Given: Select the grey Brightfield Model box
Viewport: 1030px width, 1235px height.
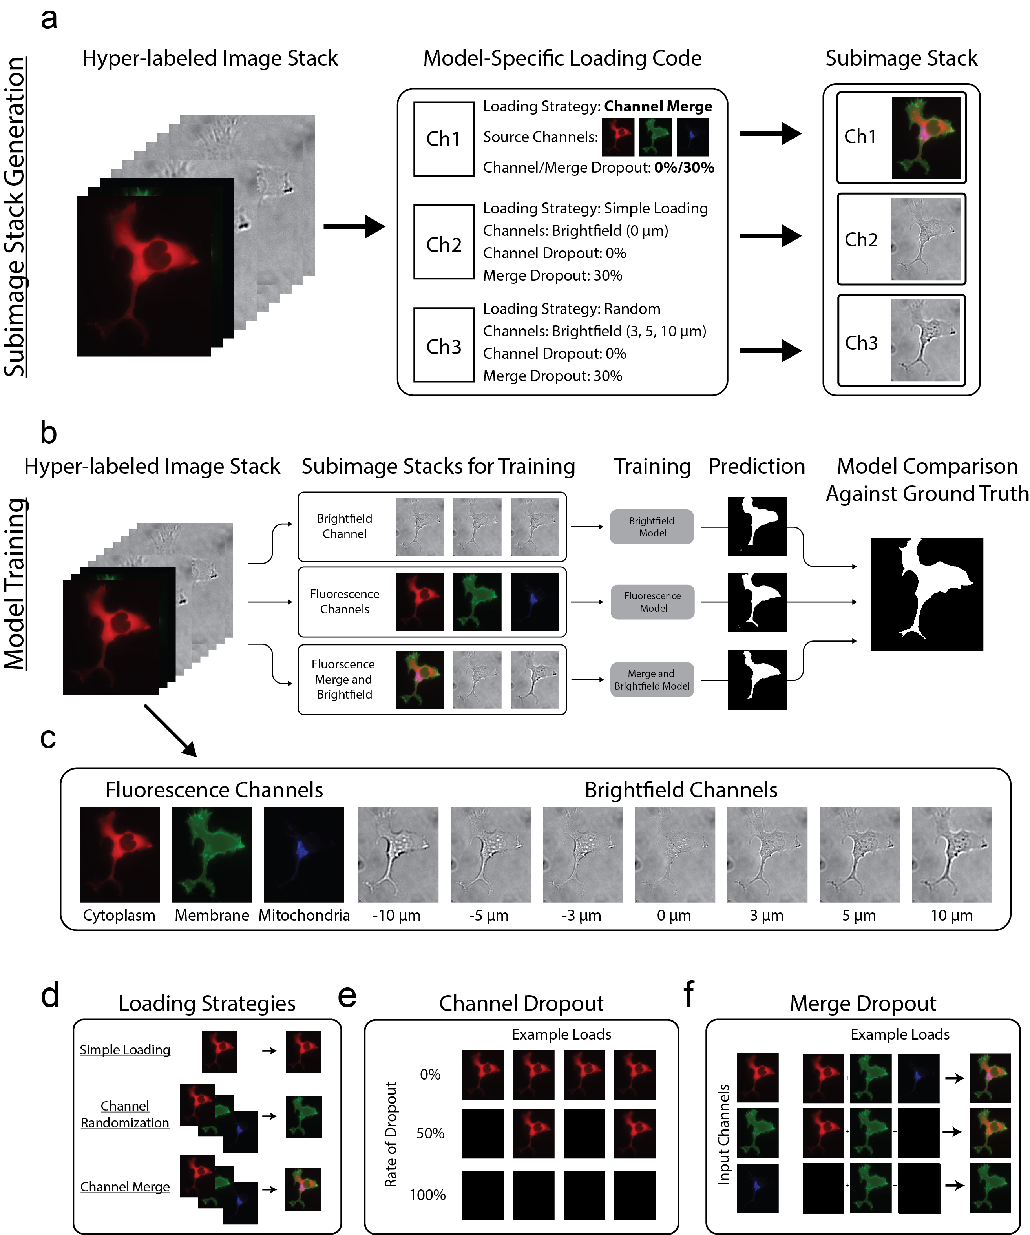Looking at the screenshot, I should [652, 527].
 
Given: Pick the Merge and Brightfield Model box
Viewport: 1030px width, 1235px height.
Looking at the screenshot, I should [652, 680].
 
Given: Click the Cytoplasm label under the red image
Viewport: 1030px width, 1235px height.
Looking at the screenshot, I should [119, 916].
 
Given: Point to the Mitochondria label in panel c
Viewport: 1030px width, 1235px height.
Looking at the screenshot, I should [304, 916].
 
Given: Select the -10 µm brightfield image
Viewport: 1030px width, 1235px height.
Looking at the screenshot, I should [398, 854].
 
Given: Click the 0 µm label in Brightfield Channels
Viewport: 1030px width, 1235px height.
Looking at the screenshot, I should [674, 916].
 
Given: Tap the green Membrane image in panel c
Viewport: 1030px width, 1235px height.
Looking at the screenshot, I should [211, 854].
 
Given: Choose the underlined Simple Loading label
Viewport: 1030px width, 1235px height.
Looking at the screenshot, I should [125, 1050].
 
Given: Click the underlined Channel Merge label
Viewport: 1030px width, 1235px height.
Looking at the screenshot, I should [125, 1187].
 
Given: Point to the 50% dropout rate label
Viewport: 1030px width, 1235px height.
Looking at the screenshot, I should [430, 1133].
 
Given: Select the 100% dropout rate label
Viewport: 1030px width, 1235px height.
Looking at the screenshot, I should [427, 1195].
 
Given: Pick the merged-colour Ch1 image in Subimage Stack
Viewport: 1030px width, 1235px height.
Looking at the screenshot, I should [926, 138].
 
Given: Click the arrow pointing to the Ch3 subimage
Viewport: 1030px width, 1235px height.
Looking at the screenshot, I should [770, 351].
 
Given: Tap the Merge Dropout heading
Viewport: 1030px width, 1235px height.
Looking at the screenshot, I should [862, 1003].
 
